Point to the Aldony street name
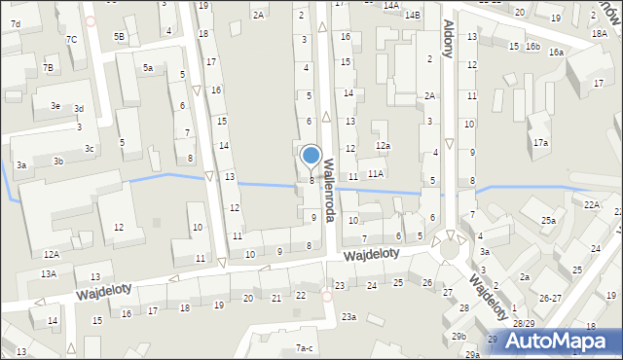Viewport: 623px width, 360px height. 449,38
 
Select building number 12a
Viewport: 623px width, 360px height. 384,146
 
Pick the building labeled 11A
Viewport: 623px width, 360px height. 376,173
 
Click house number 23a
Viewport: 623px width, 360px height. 348,316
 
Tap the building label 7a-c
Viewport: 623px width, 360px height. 305,347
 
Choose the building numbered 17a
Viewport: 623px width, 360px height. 539,143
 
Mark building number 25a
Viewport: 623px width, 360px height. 549,221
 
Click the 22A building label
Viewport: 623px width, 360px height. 592,205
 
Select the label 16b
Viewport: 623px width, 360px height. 532,47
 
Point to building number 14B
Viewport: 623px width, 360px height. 413,15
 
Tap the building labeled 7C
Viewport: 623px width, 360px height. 72,39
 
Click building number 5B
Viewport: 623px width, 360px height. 119,36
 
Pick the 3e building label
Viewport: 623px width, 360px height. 55,105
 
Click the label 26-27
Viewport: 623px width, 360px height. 550,298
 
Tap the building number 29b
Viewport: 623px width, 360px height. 458,336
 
